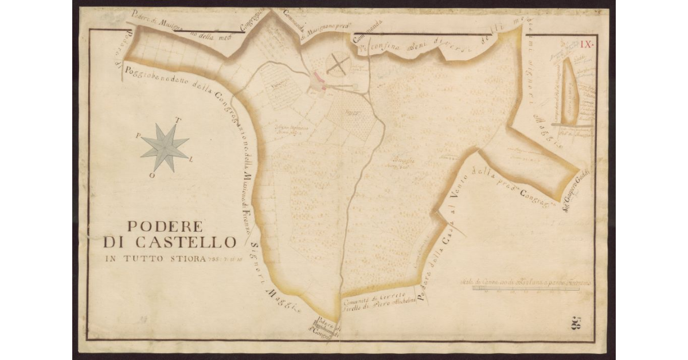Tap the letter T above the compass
pyautogui.click(x=178, y=121)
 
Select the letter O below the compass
pyautogui.click(x=152, y=175)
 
